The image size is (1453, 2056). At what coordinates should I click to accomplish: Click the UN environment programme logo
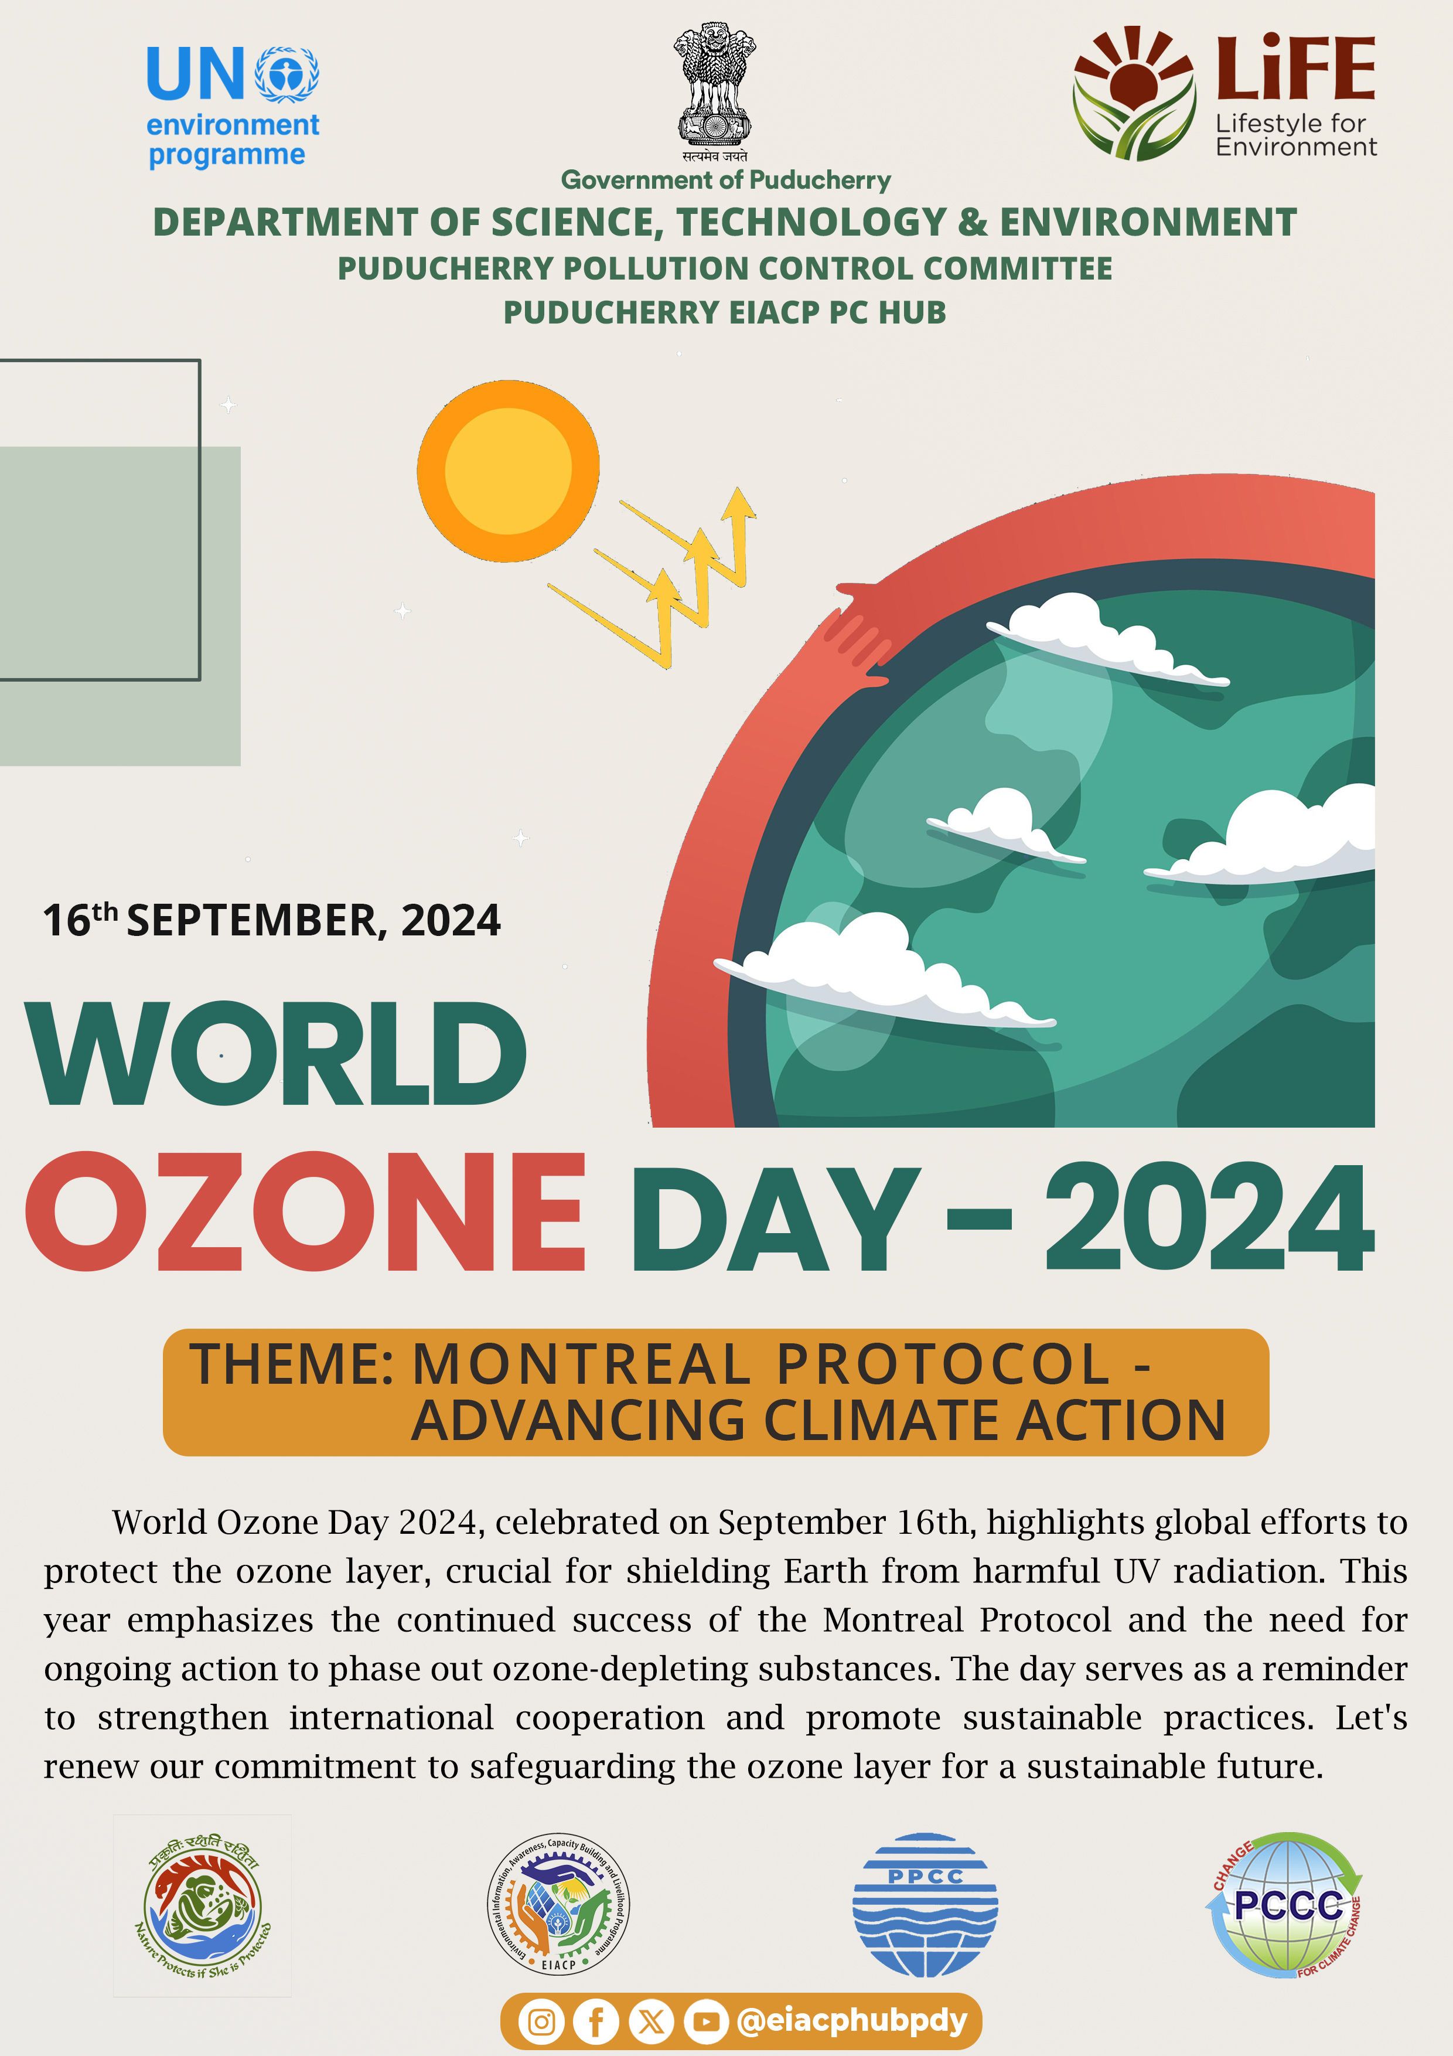point(233,107)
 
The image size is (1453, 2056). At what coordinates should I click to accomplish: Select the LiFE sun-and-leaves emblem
point(1134,93)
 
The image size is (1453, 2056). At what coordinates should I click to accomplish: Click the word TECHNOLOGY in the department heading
point(811,222)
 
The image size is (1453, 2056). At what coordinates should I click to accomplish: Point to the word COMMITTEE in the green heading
point(1017,268)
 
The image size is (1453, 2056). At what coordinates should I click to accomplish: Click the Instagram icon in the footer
point(541,2022)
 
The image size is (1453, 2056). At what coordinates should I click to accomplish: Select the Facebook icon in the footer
point(596,2022)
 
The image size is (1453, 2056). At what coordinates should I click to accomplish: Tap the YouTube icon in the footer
point(707,2022)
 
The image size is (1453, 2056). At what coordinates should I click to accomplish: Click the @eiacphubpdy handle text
point(852,2021)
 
